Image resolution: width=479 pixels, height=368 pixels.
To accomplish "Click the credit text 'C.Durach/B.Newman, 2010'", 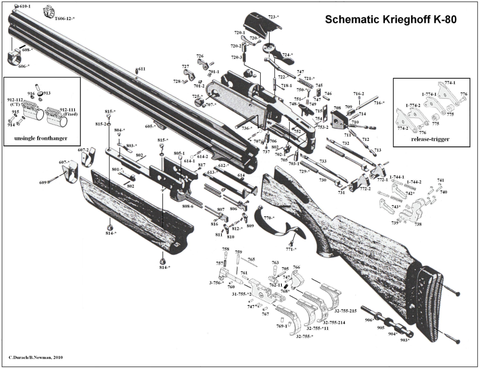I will tap(36, 357).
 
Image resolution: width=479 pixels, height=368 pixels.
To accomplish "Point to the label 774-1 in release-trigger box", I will tap(450, 83).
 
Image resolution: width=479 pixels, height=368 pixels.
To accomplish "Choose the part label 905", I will tap(381, 327).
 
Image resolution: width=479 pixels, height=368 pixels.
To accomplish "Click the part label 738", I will tap(418, 224).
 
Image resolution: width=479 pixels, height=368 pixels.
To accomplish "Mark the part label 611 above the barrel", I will tap(142, 69).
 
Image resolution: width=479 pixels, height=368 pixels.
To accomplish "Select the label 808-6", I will tap(187, 206).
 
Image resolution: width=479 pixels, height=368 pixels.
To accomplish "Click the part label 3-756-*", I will tap(216, 283).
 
